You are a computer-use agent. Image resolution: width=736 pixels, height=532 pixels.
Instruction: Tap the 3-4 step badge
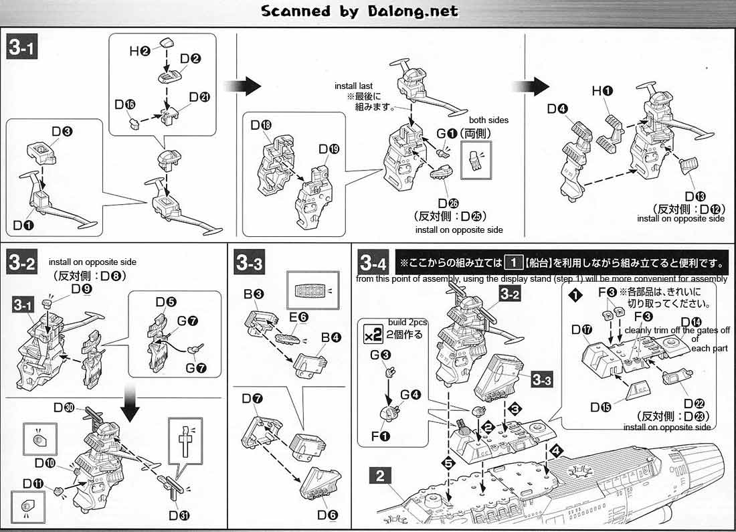point(373,262)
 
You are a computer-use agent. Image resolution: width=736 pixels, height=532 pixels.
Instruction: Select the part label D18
point(261,126)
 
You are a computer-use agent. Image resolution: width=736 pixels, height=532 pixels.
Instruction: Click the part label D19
point(329,148)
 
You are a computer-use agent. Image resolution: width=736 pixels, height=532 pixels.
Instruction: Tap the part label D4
point(557,108)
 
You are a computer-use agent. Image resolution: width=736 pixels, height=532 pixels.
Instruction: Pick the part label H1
point(599,90)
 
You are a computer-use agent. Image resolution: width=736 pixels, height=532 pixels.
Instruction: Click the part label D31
point(180,515)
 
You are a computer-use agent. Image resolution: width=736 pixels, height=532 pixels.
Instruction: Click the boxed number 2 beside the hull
point(380,476)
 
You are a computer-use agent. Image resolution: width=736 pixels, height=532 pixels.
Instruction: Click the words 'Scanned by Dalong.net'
point(359,11)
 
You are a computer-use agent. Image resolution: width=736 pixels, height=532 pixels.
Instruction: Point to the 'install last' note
point(354,86)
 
